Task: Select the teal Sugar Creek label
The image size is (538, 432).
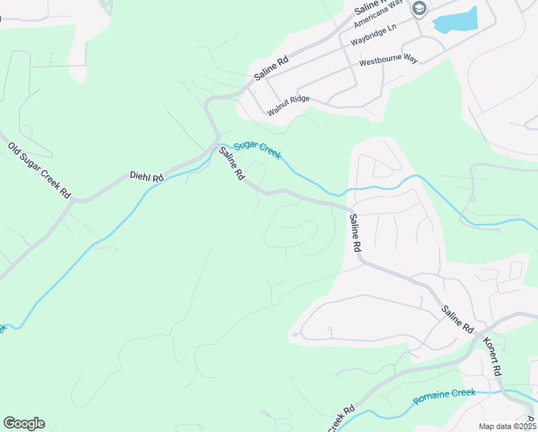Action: tap(257, 150)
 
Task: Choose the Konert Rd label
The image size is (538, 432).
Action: tap(491, 355)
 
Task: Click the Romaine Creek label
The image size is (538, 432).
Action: tap(444, 395)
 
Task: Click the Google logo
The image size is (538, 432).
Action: tap(24, 423)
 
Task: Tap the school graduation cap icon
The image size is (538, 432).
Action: tap(419, 9)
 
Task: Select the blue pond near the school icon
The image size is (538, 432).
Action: tap(457, 22)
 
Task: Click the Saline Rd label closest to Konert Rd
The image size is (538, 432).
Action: tap(457, 320)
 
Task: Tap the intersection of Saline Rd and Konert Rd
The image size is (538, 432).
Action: tap(478, 333)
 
